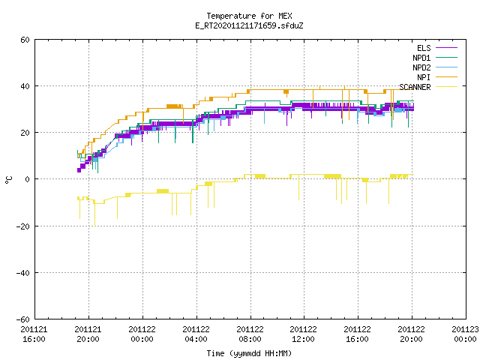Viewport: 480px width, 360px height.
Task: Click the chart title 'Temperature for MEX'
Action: pos(249,16)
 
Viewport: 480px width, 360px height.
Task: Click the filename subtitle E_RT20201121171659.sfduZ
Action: pos(249,25)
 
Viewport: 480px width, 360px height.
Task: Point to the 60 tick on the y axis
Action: pos(25,40)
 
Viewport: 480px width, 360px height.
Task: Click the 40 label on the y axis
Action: pos(25,86)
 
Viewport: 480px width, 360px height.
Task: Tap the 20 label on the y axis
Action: pos(25,133)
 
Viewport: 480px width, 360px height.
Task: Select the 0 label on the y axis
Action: pos(28,179)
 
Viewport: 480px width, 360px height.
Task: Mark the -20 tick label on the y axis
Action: pos(23,226)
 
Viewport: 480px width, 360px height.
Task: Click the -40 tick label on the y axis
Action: pos(23,273)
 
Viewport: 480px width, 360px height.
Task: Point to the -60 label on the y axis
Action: pos(23,319)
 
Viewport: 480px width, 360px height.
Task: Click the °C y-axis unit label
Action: pos(8,180)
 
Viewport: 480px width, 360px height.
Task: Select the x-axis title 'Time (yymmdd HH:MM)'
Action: pos(249,353)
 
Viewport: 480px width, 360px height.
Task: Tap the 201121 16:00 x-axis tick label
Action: pos(34,334)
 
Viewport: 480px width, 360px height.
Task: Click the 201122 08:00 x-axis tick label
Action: pos(250,334)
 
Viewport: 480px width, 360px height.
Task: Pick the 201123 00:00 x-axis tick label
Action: pos(465,334)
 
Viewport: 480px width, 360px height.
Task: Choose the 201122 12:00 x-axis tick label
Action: pos(303,334)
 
